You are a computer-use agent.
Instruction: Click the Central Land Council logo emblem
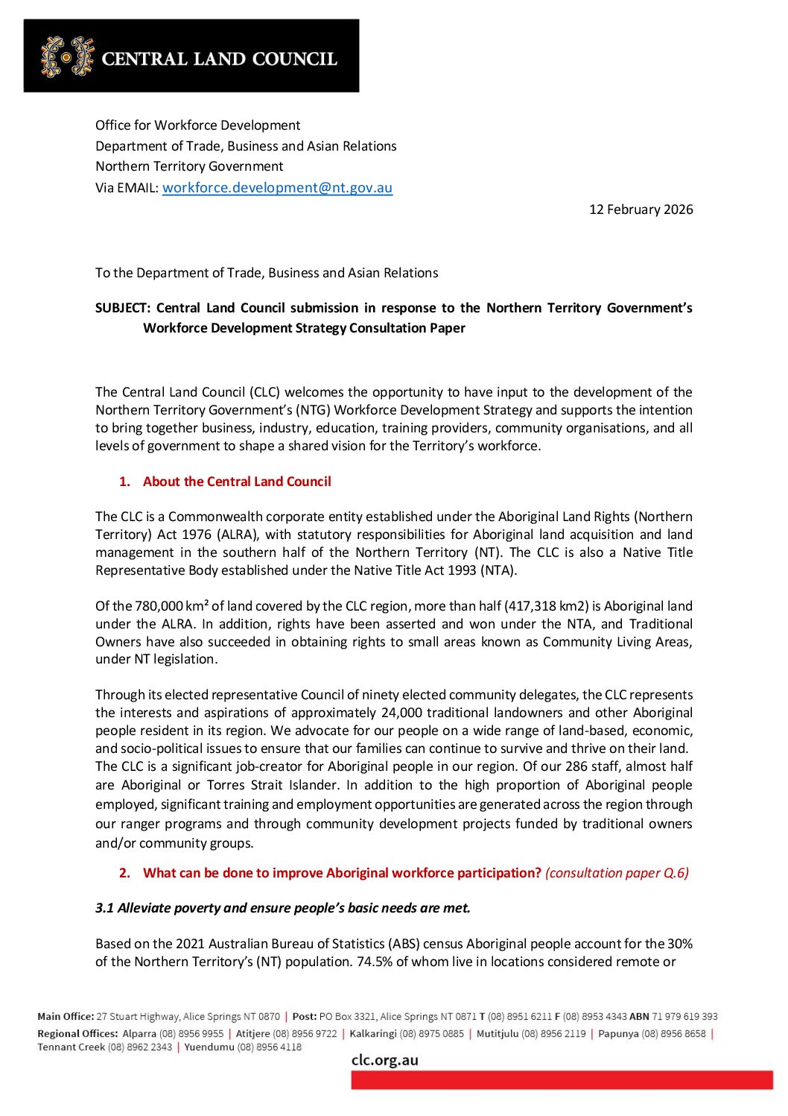point(68,57)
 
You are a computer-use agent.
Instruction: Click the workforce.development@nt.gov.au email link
point(277,188)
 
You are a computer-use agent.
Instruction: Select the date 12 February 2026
point(641,209)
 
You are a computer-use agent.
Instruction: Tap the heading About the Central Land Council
point(237,482)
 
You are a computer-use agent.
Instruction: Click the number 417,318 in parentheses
point(532,606)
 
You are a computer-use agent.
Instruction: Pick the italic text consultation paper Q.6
point(617,873)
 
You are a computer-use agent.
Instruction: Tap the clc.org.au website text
point(384,1060)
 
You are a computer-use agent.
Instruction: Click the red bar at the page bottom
point(562,1080)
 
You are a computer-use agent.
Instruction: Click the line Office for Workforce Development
point(197,125)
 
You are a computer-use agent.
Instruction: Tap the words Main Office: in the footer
point(66,1016)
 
